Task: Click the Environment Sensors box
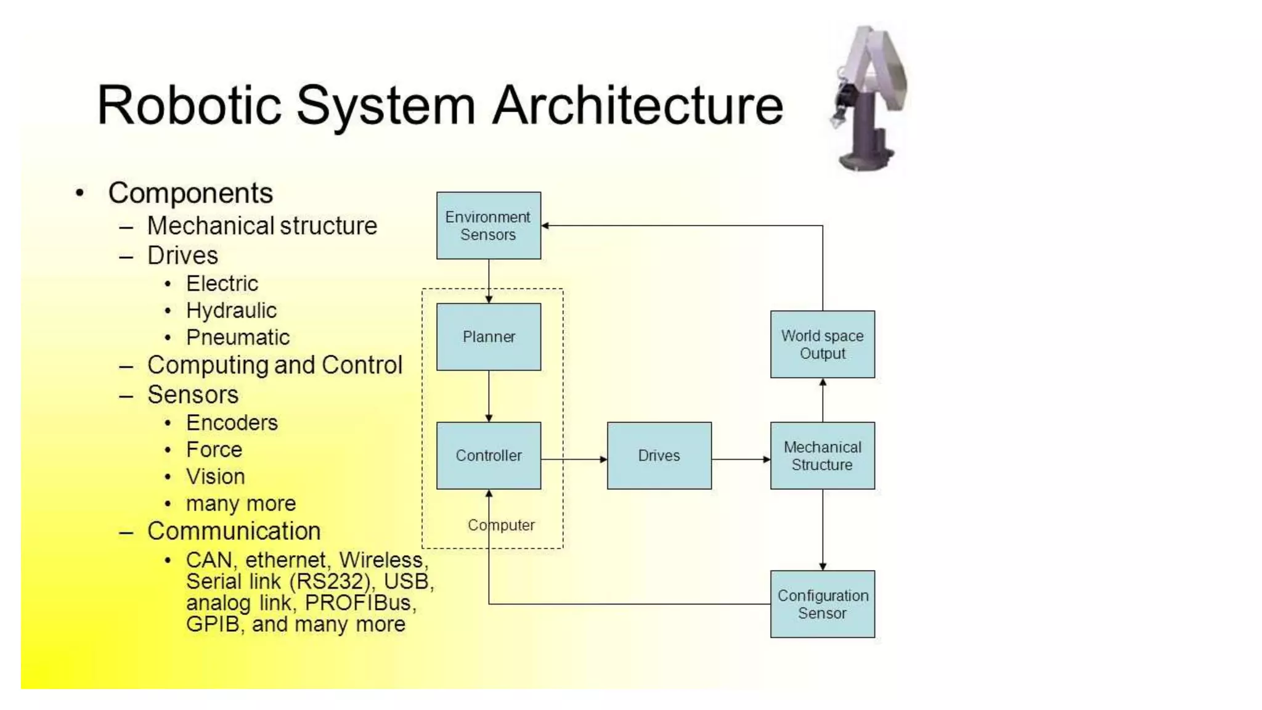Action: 489,226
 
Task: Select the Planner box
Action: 489,337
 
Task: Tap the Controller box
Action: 489,455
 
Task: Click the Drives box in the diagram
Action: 659,455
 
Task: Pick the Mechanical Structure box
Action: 822,455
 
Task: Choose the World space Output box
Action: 822,344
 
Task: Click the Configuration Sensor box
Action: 822,604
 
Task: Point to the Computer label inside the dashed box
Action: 501,525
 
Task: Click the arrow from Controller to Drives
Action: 574,459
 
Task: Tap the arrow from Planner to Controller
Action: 489,396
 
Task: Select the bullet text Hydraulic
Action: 231,311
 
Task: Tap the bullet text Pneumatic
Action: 237,338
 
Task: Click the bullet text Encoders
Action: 232,423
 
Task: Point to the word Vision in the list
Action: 216,476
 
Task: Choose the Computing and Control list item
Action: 274,365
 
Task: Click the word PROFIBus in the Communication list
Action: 357,603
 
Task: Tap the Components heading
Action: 190,193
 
